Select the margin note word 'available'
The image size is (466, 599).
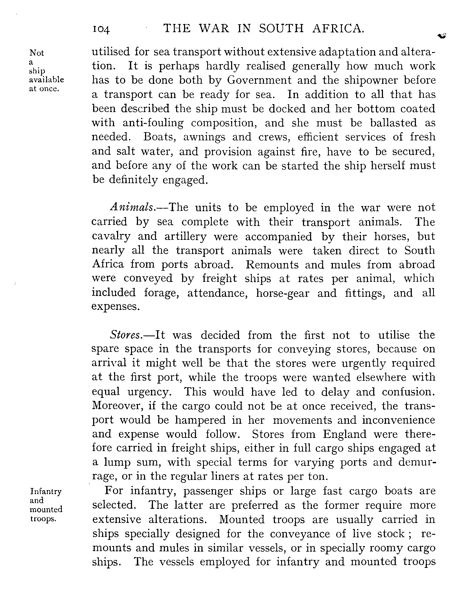46,80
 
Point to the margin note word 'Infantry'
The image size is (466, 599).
46,491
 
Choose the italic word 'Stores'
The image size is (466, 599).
125,335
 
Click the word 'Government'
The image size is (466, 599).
259,80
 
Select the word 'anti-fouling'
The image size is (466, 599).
153,123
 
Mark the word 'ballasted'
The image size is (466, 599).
393,123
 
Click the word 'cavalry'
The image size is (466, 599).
111,237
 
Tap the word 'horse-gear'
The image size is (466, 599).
283,293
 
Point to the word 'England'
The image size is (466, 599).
344,434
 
